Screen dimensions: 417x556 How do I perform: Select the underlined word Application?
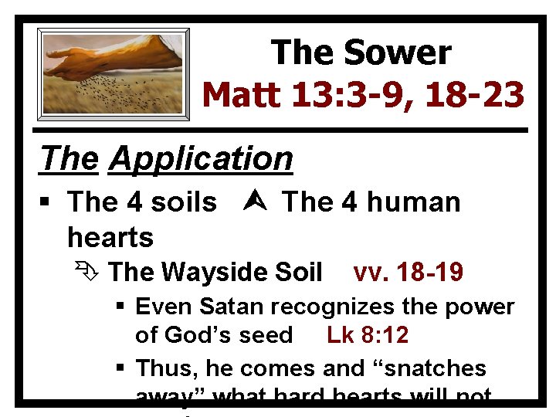click(202, 159)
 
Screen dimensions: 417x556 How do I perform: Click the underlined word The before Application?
click(70, 159)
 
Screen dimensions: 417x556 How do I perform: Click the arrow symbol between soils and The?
click(249, 202)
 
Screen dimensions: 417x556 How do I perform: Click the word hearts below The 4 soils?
click(110, 236)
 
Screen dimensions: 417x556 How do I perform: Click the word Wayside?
click(217, 273)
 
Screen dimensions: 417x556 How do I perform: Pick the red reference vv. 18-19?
click(408, 273)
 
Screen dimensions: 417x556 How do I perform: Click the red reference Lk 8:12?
click(368, 335)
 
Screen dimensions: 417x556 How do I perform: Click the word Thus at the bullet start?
click(161, 368)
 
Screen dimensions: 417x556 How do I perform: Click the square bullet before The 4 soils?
click(48, 203)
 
